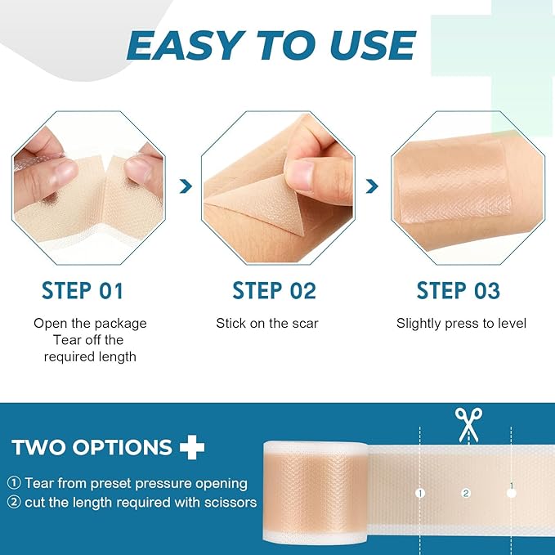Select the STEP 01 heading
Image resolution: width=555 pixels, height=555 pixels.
(82, 290)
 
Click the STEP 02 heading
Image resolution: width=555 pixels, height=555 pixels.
(274, 290)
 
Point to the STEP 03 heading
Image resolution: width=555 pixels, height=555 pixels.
(458, 290)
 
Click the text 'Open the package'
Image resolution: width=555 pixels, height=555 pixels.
(90, 324)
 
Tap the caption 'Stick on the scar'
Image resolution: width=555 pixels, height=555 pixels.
(267, 324)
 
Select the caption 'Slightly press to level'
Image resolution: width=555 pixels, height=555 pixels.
(462, 324)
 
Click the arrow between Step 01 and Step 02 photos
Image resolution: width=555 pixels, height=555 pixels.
(186, 187)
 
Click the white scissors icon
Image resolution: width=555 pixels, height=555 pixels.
(468, 424)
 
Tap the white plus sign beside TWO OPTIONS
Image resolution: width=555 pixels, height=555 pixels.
(191, 447)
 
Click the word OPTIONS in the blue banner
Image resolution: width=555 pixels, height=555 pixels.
(123, 448)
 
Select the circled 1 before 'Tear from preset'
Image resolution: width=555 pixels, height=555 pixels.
(15, 484)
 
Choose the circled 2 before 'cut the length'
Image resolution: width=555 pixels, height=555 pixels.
(15, 503)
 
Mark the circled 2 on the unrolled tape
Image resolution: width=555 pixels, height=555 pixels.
(466, 493)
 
